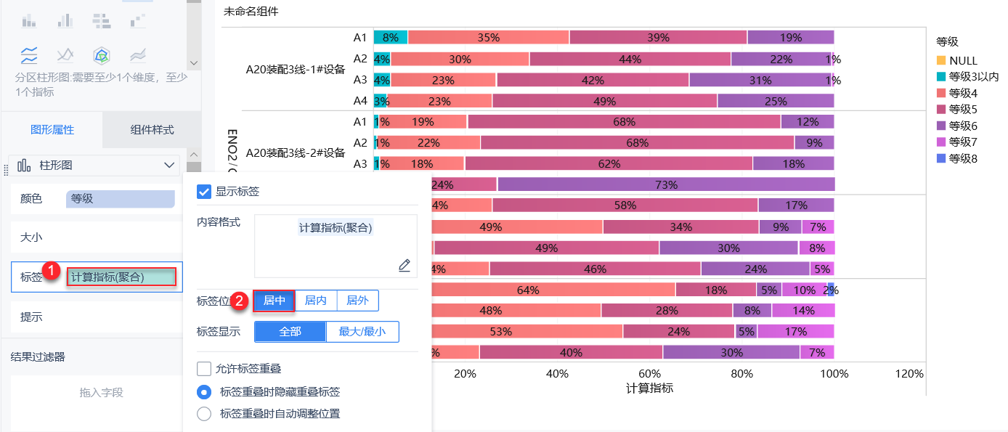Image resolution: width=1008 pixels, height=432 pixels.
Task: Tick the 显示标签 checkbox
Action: click(x=204, y=192)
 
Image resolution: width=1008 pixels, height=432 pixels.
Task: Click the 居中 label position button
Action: click(x=274, y=301)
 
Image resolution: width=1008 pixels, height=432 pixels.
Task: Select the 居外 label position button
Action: click(x=357, y=301)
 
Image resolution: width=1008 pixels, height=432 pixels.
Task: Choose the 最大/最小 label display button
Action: click(x=362, y=332)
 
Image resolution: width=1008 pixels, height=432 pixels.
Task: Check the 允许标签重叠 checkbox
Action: click(x=204, y=369)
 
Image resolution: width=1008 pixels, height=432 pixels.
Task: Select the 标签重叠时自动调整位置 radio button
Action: click(x=204, y=414)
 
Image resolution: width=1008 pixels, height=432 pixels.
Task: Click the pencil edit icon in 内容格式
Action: click(x=405, y=265)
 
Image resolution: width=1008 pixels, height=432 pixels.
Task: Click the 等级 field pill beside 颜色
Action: click(x=120, y=199)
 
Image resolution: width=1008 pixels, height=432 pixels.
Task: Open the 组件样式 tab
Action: click(x=152, y=130)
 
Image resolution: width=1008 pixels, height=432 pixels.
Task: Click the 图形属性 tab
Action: click(x=52, y=130)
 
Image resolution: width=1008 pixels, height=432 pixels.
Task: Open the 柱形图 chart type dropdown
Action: click(x=94, y=166)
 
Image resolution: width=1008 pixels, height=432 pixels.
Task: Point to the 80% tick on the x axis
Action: click(x=741, y=374)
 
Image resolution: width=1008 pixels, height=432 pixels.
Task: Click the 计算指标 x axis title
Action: click(x=649, y=388)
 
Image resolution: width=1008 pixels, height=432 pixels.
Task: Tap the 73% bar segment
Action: click(x=666, y=184)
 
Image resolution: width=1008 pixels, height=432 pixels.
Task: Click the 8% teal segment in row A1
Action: click(x=391, y=38)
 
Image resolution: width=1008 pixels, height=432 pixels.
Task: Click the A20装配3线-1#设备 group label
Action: click(x=295, y=70)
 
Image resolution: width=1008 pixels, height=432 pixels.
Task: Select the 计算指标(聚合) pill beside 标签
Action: click(x=122, y=277)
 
